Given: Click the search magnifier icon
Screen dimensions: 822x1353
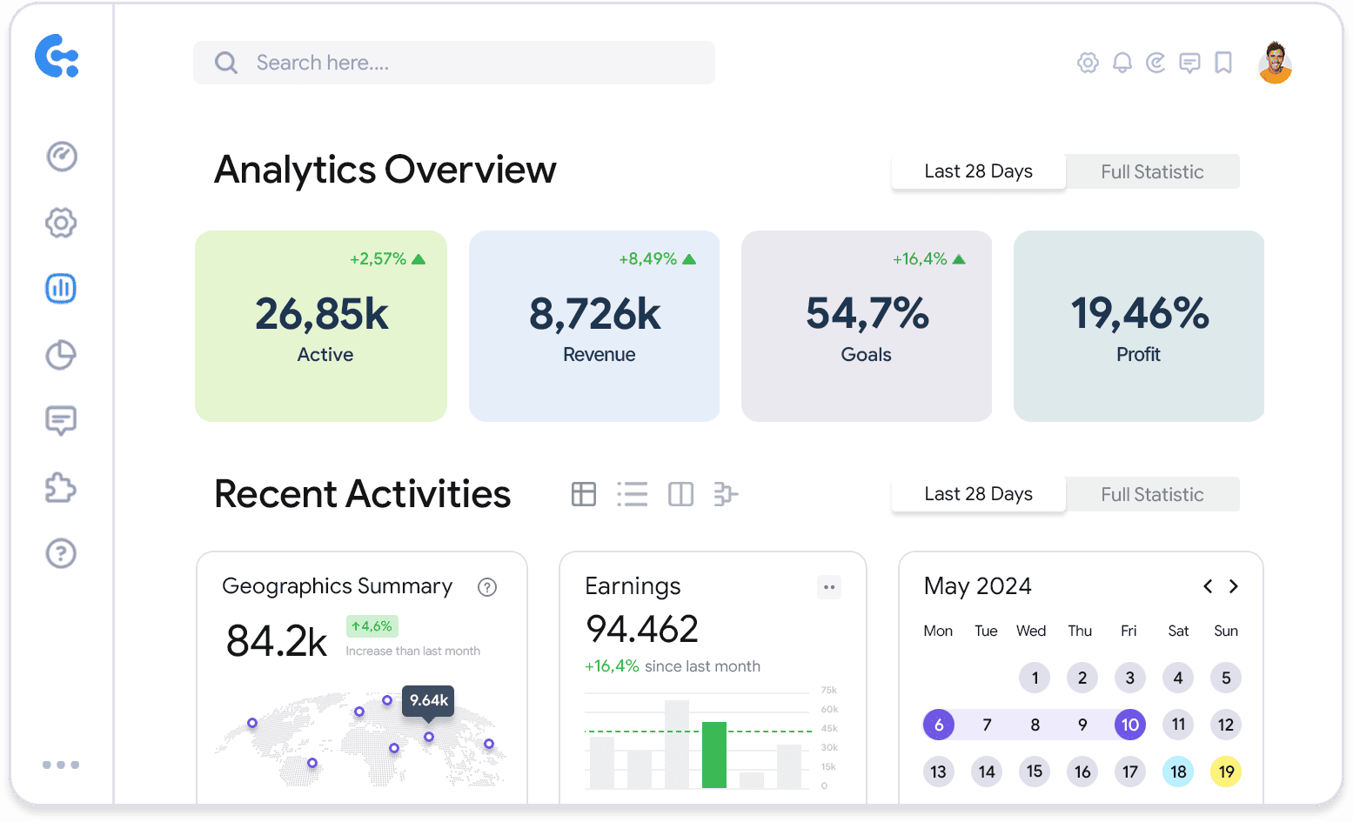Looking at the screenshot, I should tap(226, 63).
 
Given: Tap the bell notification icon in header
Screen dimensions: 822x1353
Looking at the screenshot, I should tap(1122, 63).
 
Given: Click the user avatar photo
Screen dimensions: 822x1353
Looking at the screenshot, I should tap(1275, 63).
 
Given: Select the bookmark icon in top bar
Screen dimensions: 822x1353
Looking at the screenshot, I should tap(1223, 63).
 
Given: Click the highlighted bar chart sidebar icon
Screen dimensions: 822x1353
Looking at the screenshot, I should tap(61, 288).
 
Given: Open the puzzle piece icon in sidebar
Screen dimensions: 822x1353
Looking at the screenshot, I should tap(61, 487).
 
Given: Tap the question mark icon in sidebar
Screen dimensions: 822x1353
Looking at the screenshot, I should tap(61, 553).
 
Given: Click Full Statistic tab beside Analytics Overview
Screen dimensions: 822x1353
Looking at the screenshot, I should tap(1152, 171).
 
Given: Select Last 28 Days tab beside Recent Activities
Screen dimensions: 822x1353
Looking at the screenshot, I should tap(978, 494).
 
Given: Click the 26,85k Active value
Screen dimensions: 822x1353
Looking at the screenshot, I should tap(321, 314).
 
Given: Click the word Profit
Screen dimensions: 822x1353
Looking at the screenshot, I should tap(1138, 355).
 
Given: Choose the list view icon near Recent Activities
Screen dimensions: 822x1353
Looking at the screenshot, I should tap(633, 494).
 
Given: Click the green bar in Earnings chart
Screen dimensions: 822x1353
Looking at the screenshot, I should tap(713, 755).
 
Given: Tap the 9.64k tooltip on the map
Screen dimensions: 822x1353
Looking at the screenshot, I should tap(428, 700).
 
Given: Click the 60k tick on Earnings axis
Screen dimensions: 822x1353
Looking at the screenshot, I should tap(829, 709).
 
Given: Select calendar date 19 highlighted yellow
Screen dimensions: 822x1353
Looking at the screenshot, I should tap(1225, 772).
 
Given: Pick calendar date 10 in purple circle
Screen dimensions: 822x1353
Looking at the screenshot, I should tap(1129, 725).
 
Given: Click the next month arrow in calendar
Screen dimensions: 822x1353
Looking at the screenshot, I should tap(1233, 586).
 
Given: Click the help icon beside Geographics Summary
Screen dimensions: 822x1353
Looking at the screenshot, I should tap(487, 587).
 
